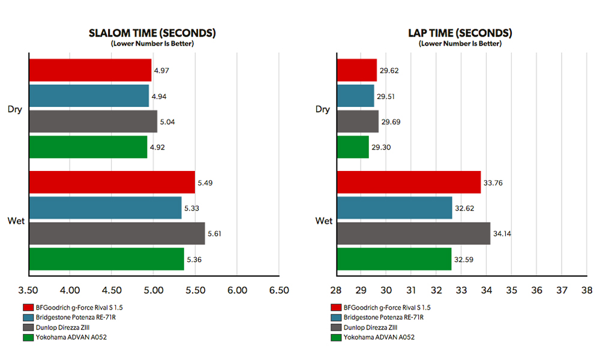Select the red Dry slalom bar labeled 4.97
90,70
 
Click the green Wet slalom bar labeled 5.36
106,259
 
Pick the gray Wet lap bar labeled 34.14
413,233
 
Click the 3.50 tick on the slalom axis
29,290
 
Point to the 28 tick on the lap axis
336,290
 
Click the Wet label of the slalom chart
16,221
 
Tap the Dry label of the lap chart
323,109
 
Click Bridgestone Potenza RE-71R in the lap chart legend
386,317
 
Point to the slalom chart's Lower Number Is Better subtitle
152,43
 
